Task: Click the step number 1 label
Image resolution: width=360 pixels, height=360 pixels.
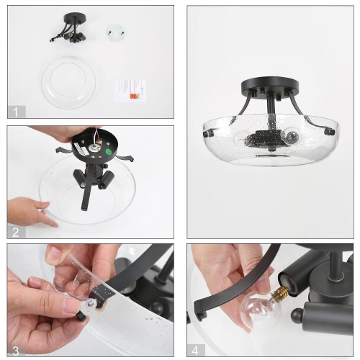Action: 16,112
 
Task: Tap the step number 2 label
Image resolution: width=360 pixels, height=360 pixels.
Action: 16,231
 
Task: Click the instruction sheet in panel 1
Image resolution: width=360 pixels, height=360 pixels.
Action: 130,89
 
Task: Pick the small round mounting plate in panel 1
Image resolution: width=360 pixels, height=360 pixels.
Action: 113,32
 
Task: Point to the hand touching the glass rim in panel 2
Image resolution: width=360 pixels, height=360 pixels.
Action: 32,212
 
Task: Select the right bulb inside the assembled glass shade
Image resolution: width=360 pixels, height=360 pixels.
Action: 292,136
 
